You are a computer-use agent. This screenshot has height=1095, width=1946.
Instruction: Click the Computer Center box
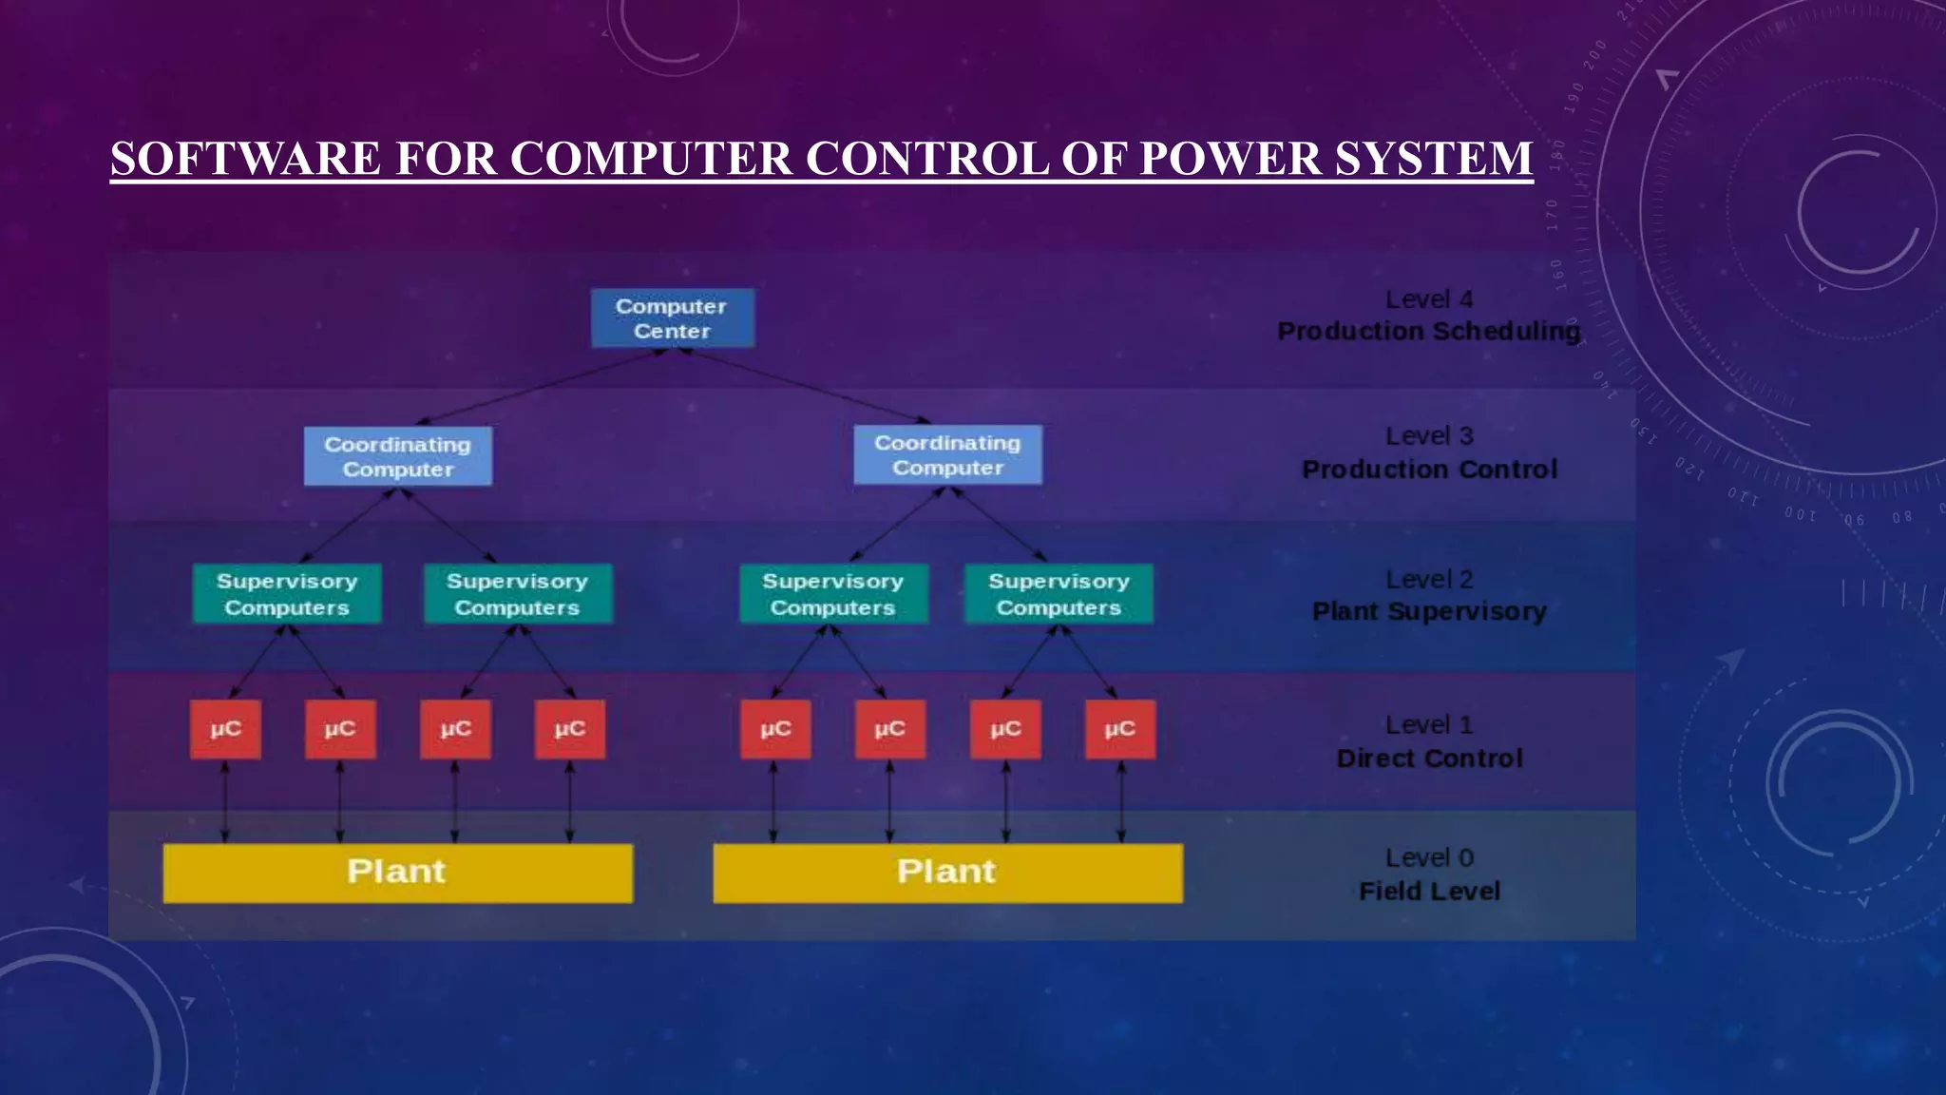(x=672, y=318)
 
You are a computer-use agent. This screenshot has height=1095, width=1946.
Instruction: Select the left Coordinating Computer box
(x=397, y=456)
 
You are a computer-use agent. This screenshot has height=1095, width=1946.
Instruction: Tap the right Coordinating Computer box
(x=947, y=455)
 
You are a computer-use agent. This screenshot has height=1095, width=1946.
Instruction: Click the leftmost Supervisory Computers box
(x=287, y=594)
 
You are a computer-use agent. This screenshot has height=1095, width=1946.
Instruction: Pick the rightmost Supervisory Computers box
(x=1059, y=594)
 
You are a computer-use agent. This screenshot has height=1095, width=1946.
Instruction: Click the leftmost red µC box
(x=225, y=729)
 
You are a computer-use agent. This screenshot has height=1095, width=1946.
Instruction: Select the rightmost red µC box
(x=1120, y=729)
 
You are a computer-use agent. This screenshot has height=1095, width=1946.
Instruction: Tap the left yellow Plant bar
(x=397, y=873)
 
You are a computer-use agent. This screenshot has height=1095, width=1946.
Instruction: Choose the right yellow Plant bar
(x=947, y=873)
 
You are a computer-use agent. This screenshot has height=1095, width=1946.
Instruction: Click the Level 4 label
(x=1429, y=299)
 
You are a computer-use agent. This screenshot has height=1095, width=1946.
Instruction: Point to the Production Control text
(x=1429, y=470)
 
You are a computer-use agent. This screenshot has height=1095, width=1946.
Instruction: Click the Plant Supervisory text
(x=1429, y=611)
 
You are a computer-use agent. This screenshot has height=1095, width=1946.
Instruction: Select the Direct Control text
(x=1429, y=759)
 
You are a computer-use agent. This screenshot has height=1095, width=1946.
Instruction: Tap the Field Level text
(x=1429, y=892)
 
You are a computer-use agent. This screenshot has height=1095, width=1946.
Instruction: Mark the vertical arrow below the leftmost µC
(x=225, y=801)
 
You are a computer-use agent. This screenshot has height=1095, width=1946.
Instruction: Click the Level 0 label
(x=1429, y=857)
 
